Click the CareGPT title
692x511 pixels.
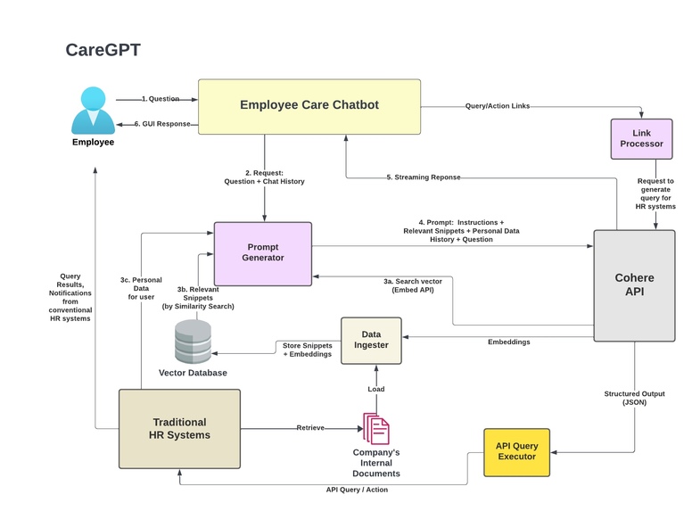(103, 50)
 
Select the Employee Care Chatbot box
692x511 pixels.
(309, 106)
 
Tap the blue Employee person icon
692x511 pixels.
(93, 111)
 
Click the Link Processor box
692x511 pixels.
(641, 138)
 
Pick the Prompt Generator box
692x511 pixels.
(262, 252)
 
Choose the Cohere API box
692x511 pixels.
(634, 284)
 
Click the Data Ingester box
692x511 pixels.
(371, 339)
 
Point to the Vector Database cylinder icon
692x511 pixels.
(193, 341)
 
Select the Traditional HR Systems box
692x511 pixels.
(179, 428)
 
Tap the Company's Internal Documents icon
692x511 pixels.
(375, 428)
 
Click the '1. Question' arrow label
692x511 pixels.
(161, 99)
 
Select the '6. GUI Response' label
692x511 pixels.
(162, 124)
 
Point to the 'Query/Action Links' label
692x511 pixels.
(497, 106)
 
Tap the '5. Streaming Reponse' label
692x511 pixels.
(424, 177)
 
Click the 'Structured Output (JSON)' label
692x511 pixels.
(634, 398)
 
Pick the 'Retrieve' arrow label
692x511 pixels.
(310, 428)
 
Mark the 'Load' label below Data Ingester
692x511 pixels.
(375, 389)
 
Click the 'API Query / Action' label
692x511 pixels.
(357, 489)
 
